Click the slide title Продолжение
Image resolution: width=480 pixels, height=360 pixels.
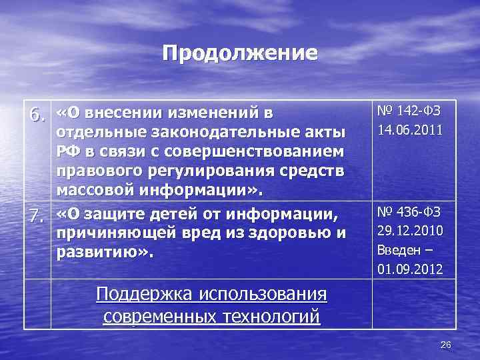point(240,53)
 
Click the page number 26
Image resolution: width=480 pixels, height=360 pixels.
point(446,344)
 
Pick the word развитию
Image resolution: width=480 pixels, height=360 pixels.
point(103,253)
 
